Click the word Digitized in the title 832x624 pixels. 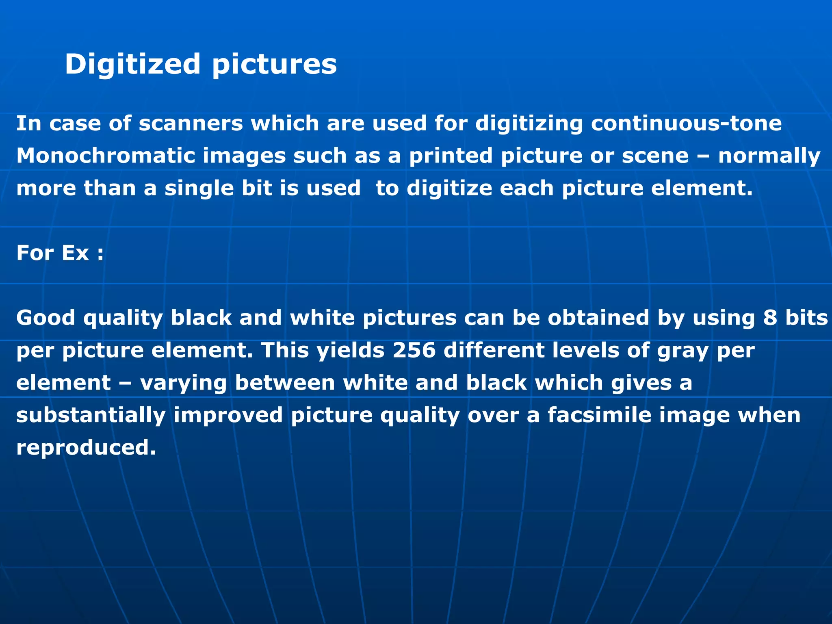(132, 65)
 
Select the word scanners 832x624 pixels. (191, 123)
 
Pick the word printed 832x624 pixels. (451, 156)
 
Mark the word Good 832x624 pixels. (45, 318)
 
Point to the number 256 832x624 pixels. (414, 350)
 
